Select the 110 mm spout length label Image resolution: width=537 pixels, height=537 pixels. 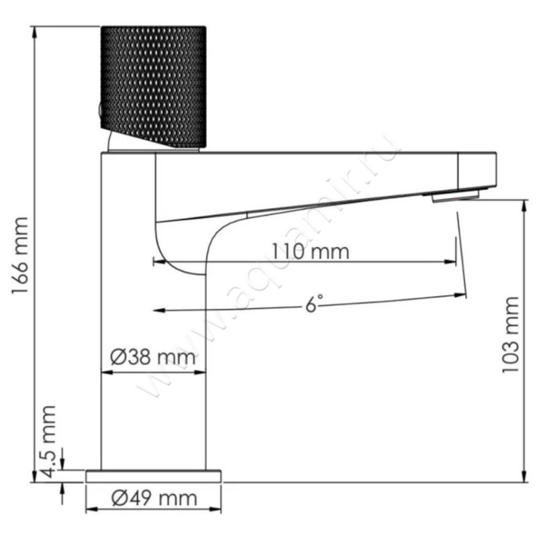pyautogui.click(x=311, y=252)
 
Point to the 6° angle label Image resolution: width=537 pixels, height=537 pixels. pyautogui.click(x=310, y=303)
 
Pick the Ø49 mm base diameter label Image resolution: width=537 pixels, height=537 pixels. pyautogui.click(x=154, y=498)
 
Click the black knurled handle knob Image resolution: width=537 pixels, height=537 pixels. pyautogui.click(x=153, y=86)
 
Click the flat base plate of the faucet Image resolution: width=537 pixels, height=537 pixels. pyautogui.click(x=154, y=476)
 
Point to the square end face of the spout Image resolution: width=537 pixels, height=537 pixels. pyautogui.click(x=477, y=169)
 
